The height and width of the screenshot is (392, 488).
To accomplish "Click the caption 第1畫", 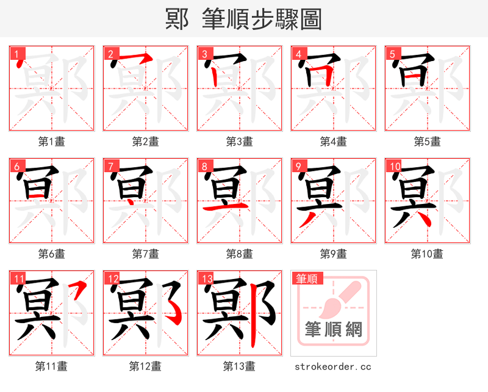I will [52, 142].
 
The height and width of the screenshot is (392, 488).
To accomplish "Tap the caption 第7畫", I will [146, 254].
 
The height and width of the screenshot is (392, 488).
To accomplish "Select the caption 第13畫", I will [239, 366].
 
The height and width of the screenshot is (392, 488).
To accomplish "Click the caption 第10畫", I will [427, 254].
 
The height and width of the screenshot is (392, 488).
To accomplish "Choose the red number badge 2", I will [110, 54].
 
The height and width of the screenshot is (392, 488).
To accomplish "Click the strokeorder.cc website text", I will [333, 367].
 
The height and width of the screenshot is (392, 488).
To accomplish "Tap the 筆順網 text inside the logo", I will [333, 330].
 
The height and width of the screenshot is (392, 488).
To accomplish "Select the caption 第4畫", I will [333, 142].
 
